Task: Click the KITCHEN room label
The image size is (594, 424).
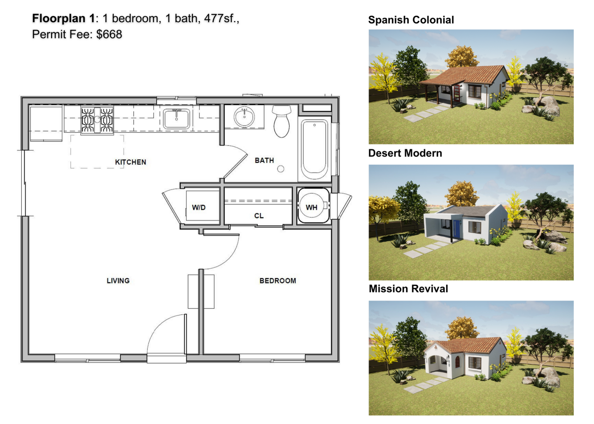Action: coord(130,162)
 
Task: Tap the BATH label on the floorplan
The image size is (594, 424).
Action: coord(264,160)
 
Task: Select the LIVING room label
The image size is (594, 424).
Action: coord(118,281)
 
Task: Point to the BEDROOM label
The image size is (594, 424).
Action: coord(278,281)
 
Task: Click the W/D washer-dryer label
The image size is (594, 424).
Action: coord(199,207)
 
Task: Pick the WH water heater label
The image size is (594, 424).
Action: coord(312,207)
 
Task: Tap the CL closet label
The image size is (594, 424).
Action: coord(259,216)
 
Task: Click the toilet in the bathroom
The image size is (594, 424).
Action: coord(282,121)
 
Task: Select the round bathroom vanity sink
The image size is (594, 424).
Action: coord(244,117)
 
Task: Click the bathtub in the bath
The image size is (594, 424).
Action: coord(314,149)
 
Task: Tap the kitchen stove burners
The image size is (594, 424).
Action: coord(97,120)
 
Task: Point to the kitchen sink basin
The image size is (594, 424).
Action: coord(176,119)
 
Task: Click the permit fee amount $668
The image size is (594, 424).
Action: coord(109,34)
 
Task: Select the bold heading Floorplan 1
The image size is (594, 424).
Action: coord(63,19)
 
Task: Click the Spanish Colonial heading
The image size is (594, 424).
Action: coord(411,20)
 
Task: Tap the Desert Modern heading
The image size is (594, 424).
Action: coord(405,153)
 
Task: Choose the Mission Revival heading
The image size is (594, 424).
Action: coord(408,289)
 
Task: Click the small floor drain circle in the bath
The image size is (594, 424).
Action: coord(281,169)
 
